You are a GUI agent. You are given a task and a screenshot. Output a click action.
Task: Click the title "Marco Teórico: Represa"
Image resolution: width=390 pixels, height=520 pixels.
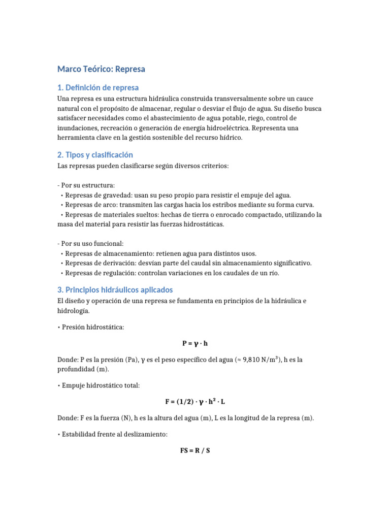[101, 69]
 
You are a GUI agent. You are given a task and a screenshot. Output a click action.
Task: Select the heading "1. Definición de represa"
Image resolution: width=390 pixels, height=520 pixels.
[97, 87]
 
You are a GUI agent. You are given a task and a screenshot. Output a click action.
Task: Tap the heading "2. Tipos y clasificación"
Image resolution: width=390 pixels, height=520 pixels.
[95, 154]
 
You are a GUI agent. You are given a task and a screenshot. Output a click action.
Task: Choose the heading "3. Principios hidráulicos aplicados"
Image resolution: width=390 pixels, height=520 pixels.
[115, 289]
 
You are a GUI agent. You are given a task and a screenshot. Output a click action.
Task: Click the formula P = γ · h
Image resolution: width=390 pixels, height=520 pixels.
[195, 343]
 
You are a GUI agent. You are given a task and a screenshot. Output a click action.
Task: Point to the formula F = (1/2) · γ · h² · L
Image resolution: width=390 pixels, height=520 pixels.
[195, 401]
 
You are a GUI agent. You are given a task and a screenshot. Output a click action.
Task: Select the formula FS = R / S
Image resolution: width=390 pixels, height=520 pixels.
[195, 450]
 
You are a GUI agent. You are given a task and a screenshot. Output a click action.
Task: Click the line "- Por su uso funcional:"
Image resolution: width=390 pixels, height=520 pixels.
[90, 244]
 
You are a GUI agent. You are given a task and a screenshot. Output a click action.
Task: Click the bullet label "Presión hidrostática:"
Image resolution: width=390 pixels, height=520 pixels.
[93, 327]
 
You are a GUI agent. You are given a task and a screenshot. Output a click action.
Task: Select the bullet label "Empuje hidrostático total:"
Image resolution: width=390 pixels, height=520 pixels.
[101, 385]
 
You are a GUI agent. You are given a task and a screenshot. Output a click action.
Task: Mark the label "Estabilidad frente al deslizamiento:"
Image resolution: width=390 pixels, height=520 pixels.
[115, 434]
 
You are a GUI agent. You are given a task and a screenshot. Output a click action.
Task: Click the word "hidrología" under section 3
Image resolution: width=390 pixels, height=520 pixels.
[73, 310]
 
